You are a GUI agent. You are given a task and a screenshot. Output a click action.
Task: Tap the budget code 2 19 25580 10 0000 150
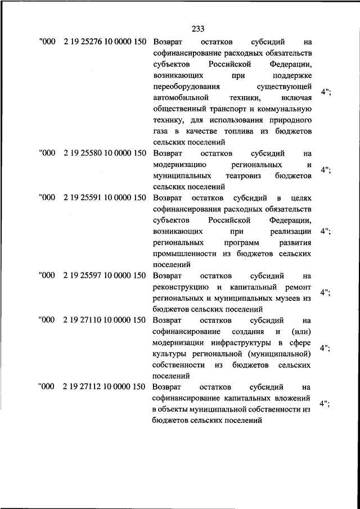105,153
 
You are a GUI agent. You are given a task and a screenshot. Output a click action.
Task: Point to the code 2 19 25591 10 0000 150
105,198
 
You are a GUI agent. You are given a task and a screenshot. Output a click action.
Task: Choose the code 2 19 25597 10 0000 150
105,276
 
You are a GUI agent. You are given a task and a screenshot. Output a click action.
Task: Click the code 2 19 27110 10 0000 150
105,320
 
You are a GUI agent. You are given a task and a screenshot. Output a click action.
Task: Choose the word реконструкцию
178,287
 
